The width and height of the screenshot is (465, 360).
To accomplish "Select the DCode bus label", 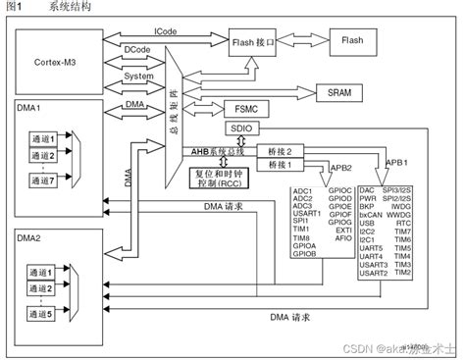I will [x=137, y=48].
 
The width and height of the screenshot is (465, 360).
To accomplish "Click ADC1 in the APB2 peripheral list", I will [x=303, y=190].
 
